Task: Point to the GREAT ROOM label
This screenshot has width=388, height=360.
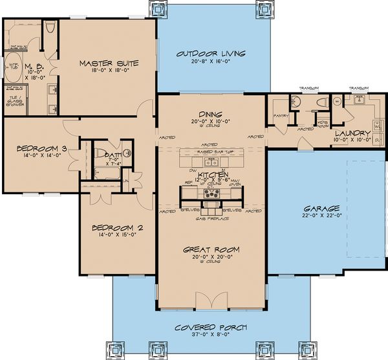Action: pos(211,249)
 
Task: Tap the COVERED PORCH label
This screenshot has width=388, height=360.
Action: pos(210,327)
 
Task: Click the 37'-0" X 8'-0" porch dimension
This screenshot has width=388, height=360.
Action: pos(210,335)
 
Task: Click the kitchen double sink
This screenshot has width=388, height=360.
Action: pos(211,162)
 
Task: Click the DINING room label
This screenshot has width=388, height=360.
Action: pos(211,112)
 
